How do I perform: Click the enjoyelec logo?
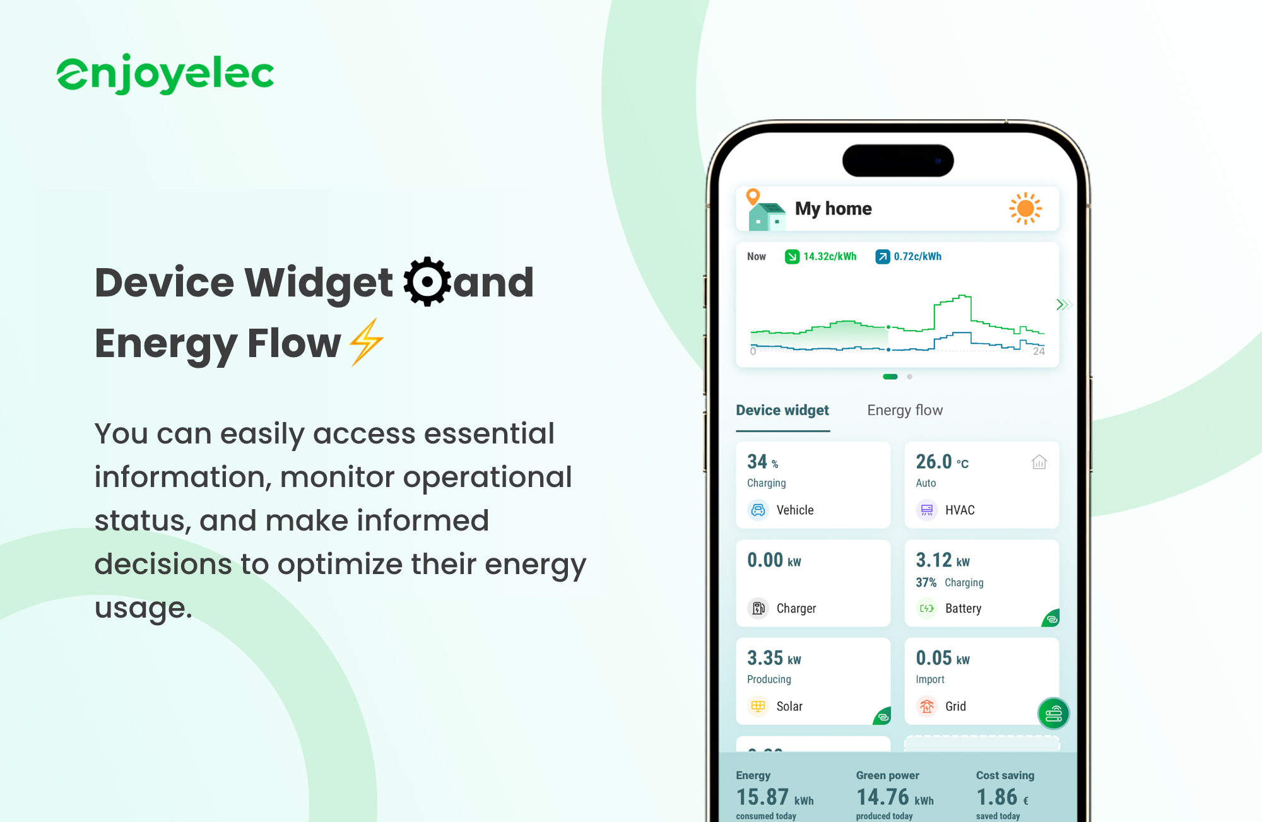[165, 74]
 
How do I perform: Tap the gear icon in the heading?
[427, 281]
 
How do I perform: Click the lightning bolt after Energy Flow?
[367, 342]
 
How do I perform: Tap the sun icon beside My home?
[1025, 208]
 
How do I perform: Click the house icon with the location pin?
[765, 210]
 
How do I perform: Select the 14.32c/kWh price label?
[829, 256]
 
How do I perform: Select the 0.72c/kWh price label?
[917, 256]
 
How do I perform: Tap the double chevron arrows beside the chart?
[1064, 305]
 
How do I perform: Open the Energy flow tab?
[905, 410]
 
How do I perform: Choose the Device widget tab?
[782, 410]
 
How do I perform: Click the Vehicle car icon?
[758, 510]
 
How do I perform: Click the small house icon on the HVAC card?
[1039, 462]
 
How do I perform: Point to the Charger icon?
[758, 608]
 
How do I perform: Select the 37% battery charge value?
[926, 582]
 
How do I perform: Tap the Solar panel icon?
[758, 706]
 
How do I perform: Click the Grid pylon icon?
[926, 706]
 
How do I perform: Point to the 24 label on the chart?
[1039, 351]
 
